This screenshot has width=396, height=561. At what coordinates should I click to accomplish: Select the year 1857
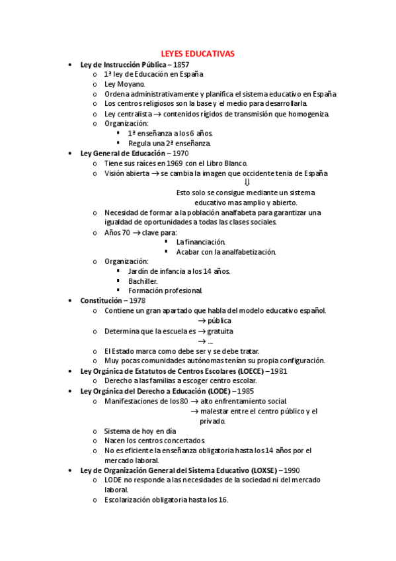coord(181,65)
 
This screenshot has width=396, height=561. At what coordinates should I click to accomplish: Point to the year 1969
coord(174,163)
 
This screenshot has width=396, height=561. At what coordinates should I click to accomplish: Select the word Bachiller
coord(143,280)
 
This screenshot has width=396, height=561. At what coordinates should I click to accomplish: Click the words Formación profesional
coord(165,290)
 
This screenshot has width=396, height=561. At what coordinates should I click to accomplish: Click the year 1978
coord(138,300)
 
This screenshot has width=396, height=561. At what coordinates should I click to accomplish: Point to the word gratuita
coord(220,331)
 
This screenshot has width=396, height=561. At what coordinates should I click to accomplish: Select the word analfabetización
coord(244,251)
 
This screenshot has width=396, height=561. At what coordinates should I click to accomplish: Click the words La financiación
coord(200,241)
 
